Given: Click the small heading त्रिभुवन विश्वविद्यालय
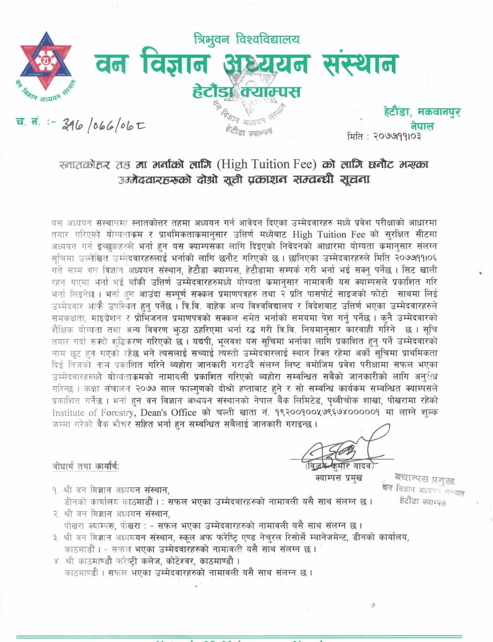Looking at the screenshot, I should [x=247, y=39].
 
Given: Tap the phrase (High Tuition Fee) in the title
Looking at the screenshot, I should [x=276, y=163].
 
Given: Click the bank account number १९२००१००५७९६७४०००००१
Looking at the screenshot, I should [x=322, y=412].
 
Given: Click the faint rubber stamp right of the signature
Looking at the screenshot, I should [x=428, y=487].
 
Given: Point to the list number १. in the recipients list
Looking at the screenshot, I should [x=56, y=491].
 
